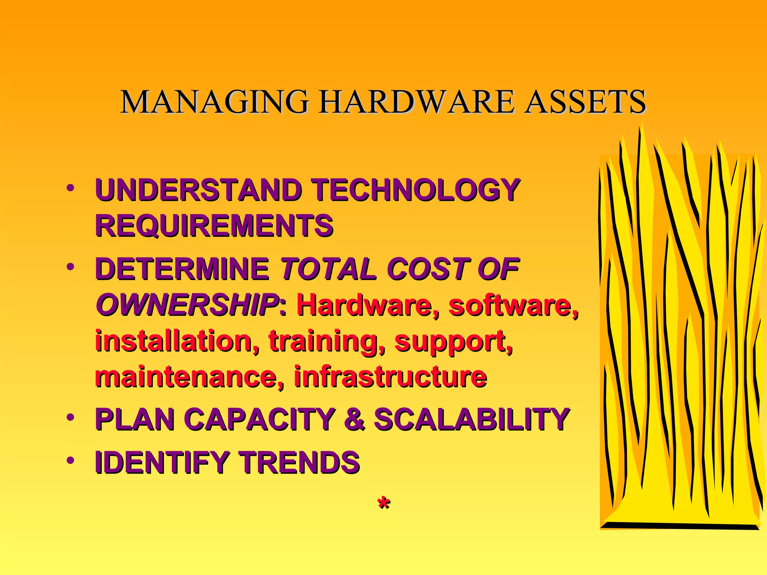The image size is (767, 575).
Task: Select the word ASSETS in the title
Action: coord(585,102)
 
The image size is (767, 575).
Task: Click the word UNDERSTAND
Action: coord(198,190)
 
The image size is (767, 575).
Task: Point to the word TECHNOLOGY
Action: coord(416,190)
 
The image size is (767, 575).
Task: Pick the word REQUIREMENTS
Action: coord(214,226)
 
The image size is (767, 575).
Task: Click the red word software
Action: coord(513,305)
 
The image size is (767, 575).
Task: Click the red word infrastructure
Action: coord(390,377)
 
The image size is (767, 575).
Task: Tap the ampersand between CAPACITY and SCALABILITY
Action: coord(354,419)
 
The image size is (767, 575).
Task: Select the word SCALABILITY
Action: coord(472,419)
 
